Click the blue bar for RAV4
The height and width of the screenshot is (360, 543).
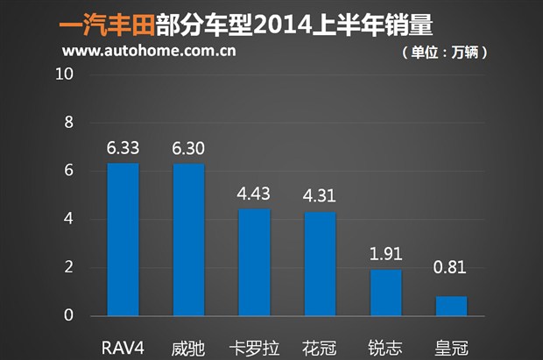click(x=123, y=239)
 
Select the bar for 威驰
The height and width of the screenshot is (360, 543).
click(x=188, y=239)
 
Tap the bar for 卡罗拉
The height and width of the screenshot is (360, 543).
click(x=254, y=262)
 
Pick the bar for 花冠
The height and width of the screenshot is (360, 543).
click(x=320, y=264)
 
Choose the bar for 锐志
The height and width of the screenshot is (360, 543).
click(x=385, y=293)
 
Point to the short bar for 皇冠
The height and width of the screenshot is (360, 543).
click(x=451, y=306)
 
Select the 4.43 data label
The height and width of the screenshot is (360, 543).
click(x=254, y=194)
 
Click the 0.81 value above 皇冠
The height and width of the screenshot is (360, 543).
click(x=451, y=281)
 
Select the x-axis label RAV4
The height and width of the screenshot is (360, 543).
click(x=123, y=346)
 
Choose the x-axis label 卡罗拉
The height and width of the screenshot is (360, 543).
click(x=254, y=346)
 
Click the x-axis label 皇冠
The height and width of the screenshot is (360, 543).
click(x=451, y=346)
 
